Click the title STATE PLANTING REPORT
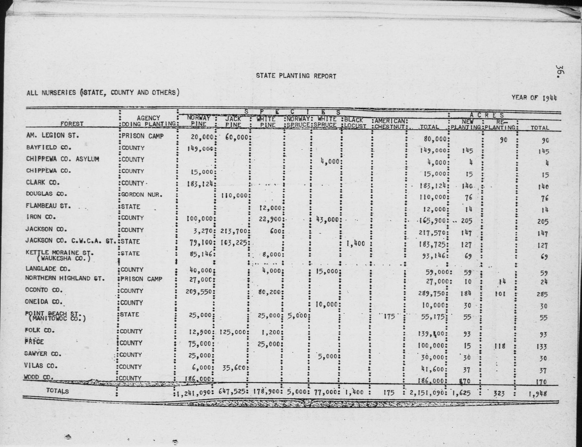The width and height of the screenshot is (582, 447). [x=296, y=76]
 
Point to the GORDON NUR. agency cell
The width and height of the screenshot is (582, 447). [x=142, y=195]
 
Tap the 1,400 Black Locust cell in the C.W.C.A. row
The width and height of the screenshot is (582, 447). [x=356, y=243]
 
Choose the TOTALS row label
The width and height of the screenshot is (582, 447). [x=57, y=391]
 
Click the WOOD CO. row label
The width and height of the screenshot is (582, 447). [x=38, y=377]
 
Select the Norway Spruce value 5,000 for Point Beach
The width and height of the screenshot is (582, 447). [x=297, y=315]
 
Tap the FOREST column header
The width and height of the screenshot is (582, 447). [x=72, y=124]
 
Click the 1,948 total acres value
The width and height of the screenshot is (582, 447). [x=538, y=394]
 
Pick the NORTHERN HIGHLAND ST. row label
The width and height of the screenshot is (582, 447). [x=65, y=278]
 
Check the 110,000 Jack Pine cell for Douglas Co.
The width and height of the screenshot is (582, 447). [x=234, y=196]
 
